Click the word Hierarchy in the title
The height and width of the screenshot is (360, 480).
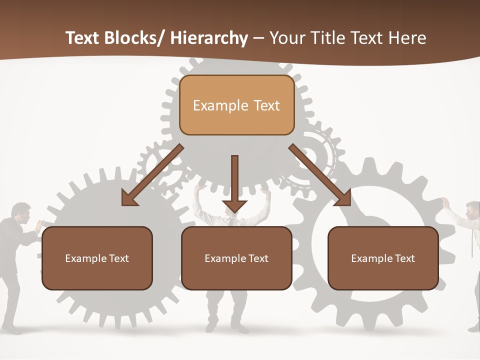click(209, 38)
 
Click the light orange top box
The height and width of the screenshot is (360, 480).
click(236, 105)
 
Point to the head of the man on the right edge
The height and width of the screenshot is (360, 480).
click(473, 210)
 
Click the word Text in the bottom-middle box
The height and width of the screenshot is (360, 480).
click(257, 258)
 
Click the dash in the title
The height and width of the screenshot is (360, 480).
click(258, 38)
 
